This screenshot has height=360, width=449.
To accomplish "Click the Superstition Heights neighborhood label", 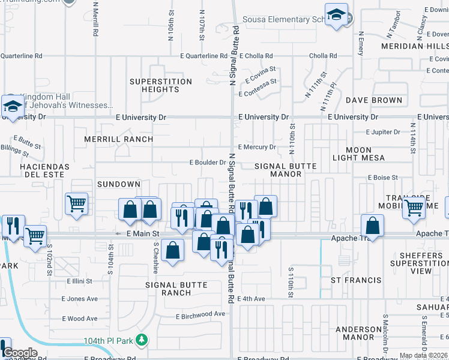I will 161,85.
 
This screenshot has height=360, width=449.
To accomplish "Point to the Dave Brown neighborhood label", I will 373,100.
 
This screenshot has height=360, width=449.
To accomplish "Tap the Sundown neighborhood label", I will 119,184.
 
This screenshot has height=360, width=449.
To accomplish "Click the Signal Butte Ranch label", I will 176,289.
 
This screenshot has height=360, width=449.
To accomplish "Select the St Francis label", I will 356,280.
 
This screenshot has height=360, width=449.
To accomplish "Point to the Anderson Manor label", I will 363,334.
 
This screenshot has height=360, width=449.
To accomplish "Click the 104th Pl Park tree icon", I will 142,340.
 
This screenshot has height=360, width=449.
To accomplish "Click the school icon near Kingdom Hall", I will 12,106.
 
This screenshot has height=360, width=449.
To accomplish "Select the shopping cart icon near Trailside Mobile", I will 414,208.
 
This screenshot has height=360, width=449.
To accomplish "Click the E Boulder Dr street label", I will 208,163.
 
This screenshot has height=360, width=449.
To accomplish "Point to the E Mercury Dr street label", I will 257,147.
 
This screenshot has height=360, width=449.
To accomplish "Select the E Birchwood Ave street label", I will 200,314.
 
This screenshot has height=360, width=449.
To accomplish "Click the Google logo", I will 20,353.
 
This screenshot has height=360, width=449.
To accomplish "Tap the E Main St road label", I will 142,233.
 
